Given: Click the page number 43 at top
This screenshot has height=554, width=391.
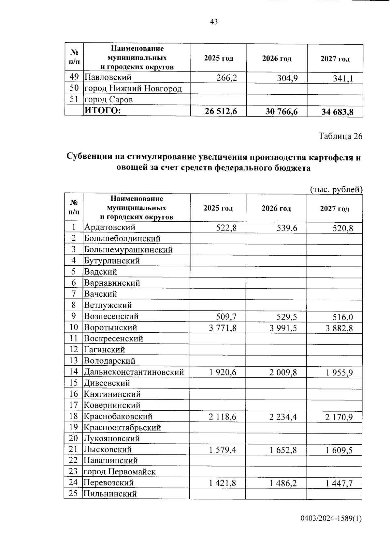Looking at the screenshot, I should pyautogui.click(x=214, y=22).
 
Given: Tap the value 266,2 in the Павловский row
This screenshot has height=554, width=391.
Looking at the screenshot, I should pyautogui.click(x=226, y=78).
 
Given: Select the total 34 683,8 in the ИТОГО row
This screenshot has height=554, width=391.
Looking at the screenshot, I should pyautogui.click(x=337, y=112).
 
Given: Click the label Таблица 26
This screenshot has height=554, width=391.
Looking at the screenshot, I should pyautogui.click(x=340, y=136).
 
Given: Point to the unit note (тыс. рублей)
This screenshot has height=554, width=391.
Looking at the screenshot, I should pyautogui.click(x=336, y=189).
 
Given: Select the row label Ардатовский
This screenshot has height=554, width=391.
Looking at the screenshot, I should pyautogui.click(x=109, y=227).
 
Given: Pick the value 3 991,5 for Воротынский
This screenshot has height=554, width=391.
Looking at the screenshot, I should pyautogui.click(x=283, y=328).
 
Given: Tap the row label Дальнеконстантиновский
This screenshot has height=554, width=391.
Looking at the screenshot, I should pyautogui.click(x=134, y=372).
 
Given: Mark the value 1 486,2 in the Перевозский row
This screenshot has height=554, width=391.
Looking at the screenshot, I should pyautogui.click(x=283, y=483).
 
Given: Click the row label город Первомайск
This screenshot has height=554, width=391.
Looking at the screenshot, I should pyautogui.click(x=120, y=472).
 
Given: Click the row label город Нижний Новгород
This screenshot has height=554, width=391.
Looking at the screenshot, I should pyautogui.click(x=133, y=88).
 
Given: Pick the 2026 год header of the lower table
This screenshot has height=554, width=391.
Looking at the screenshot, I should pyautogui.click(x=276, y=209).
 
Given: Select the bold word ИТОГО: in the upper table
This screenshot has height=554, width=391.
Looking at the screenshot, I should pyautogui.click(x=103, y=111).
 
